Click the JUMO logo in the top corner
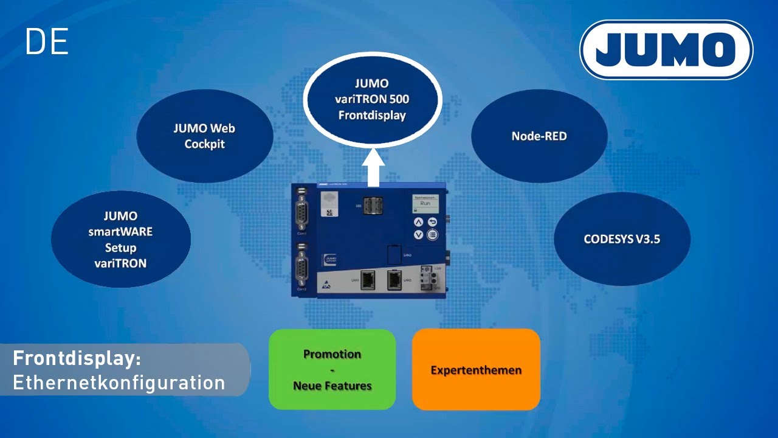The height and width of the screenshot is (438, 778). pyautogui.click(x=666, y=50)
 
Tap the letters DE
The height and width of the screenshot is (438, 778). pyautogui.click(x=47, y=42)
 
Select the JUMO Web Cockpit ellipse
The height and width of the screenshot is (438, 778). pyautogui.click(x=205, y=136)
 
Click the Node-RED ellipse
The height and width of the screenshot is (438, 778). pyautogui.click(x=539, y=136)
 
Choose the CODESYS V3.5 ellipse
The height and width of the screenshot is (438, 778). pyautogui.click(x=622, y=239)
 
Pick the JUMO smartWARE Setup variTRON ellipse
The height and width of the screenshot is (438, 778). pyautogui.click(x=120, y=240)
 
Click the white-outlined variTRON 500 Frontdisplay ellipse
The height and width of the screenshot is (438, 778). pyautogui.click(x=372, y=99)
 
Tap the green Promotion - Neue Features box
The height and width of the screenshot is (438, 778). pyautogui.click(x=332, y=369)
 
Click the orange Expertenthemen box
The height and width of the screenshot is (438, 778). pyautogui.click(x=476, y=369)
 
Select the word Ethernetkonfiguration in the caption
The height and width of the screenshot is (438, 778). pyautogui.click(x=119, y=383)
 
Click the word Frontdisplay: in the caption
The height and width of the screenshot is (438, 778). pyautogui.click(x=77, y=358)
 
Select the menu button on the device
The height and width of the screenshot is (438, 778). pyautogui.click(x=432, y=235)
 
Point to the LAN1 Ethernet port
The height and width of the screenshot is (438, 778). pyautogui.click(x=367, y=280)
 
